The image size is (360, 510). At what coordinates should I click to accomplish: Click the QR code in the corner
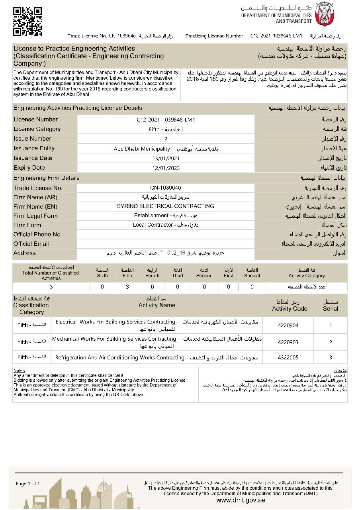(27, 21)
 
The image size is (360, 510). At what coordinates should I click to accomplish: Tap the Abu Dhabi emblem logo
(324, 14)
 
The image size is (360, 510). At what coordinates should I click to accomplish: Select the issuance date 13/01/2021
(166, 158)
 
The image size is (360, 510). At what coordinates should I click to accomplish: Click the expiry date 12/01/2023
(166, 168)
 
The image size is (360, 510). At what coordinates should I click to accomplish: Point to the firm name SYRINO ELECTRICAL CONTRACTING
(166, 206)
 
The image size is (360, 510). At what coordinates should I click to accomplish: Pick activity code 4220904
(288, 326)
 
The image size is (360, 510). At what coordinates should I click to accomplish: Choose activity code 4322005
(288, 357)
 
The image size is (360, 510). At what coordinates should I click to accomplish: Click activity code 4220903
(288, 342)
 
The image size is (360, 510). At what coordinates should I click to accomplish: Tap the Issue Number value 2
(166, 139)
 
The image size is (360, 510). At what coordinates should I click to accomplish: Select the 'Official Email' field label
(31, 244)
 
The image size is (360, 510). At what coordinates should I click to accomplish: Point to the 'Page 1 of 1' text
(28, 484)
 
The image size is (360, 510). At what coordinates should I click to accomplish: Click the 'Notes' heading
(19, 371)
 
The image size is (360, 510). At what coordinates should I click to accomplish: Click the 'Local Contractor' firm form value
(166, 225)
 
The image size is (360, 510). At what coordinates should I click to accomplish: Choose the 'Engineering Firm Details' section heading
(46, 178)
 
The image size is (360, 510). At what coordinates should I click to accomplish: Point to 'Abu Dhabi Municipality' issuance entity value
(142, 149)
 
